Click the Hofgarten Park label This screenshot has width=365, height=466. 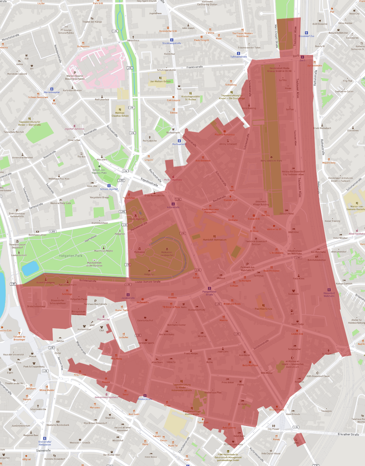pos(70,256)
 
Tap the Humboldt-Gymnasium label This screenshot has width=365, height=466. pos(215,240)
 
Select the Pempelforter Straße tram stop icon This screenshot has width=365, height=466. pos(209,288)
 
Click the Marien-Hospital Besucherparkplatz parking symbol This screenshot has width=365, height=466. pos(75,73)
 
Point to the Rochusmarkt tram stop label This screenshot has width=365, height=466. pos(179,144)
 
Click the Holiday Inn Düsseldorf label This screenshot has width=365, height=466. pos(293,172)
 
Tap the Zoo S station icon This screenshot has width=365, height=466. pos(302,57)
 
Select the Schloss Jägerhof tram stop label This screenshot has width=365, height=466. pos(109,189)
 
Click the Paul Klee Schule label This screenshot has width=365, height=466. pos(263,309)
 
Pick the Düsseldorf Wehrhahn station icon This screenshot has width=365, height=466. pos(329,290)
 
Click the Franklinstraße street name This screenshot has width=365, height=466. pos(195,67)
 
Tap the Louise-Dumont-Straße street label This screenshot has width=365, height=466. pos(148,282)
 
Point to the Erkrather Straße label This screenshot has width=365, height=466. pos(348,434)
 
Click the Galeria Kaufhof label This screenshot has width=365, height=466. pos(145,321)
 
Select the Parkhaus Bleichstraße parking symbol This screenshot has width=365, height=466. pos(95,301)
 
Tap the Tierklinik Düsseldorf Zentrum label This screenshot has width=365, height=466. pos(256,243)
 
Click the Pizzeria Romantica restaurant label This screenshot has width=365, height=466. pos(225,134)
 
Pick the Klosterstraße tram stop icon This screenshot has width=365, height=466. pos(145,396)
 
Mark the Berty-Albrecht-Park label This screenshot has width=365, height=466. pos(271,161)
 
